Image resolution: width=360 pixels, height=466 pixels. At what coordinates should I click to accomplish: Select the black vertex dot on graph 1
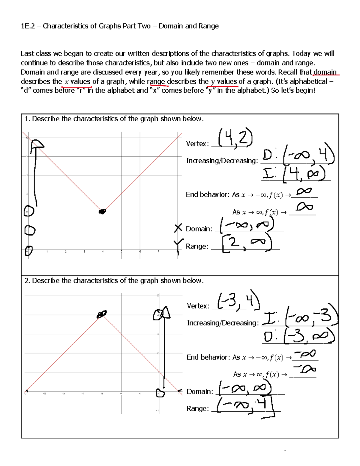tap(102, 212)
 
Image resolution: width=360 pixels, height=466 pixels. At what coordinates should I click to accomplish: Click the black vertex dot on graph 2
tap(102, 314)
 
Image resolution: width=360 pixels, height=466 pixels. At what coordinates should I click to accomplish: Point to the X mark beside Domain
tap(178, 228)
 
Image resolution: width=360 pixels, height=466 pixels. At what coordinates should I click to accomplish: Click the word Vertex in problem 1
tap(196, 144)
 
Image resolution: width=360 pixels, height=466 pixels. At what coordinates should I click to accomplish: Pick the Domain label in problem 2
tap(199, 392)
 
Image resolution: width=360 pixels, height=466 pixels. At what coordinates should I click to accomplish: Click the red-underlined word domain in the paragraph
tap(325, 72)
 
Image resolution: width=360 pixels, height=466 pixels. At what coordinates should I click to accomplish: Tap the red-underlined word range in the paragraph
tap(156, 81)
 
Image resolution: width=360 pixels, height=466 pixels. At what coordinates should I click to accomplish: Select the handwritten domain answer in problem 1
tap(247, 225)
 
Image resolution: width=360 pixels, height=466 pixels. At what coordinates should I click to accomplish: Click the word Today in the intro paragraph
tap(301, 54)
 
